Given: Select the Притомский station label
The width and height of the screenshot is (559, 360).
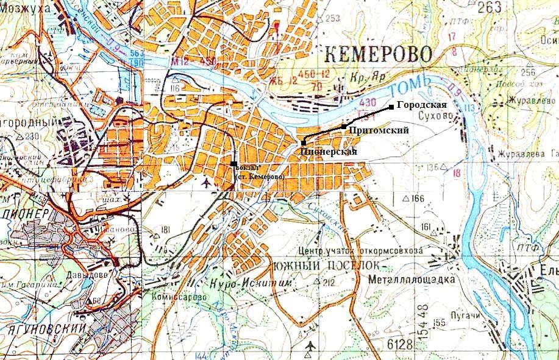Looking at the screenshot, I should (x=378, y=130).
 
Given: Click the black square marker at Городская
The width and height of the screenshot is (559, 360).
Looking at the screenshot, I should (x=391, y=107).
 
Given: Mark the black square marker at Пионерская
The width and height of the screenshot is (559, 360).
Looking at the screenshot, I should (x=304, y=142).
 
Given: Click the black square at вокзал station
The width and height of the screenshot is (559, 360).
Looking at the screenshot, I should (x=234, y=163).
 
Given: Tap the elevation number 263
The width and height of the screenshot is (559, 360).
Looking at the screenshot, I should (x=490, y=7).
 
